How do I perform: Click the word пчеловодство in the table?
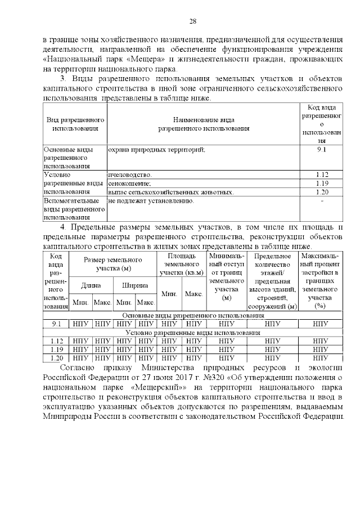coord(130,175)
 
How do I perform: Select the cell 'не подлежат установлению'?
coord(151,201)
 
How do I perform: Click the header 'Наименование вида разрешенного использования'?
coord(204,124)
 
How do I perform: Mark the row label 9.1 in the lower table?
coord(56,324)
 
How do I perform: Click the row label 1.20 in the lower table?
coord(56,358)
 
